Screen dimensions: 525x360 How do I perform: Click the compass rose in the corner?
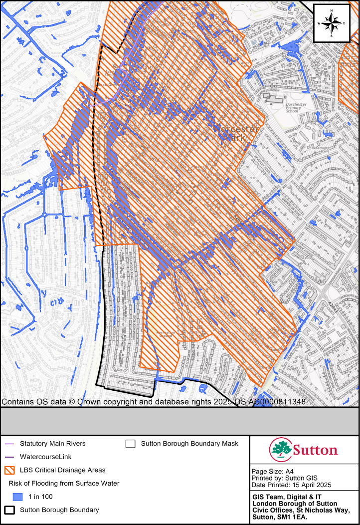331,23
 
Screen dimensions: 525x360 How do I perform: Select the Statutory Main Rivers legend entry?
52,443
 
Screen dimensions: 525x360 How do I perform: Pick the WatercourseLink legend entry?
45,457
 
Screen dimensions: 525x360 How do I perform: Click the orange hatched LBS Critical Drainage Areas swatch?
10,470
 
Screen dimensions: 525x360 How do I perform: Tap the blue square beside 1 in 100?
18,497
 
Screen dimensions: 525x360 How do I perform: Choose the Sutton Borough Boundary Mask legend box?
131,443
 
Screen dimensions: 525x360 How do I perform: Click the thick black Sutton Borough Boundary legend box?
10,510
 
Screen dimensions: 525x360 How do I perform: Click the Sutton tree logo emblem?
281,449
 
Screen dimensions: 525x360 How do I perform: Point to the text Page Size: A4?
272,471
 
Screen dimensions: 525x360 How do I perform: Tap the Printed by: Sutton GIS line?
281,478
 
